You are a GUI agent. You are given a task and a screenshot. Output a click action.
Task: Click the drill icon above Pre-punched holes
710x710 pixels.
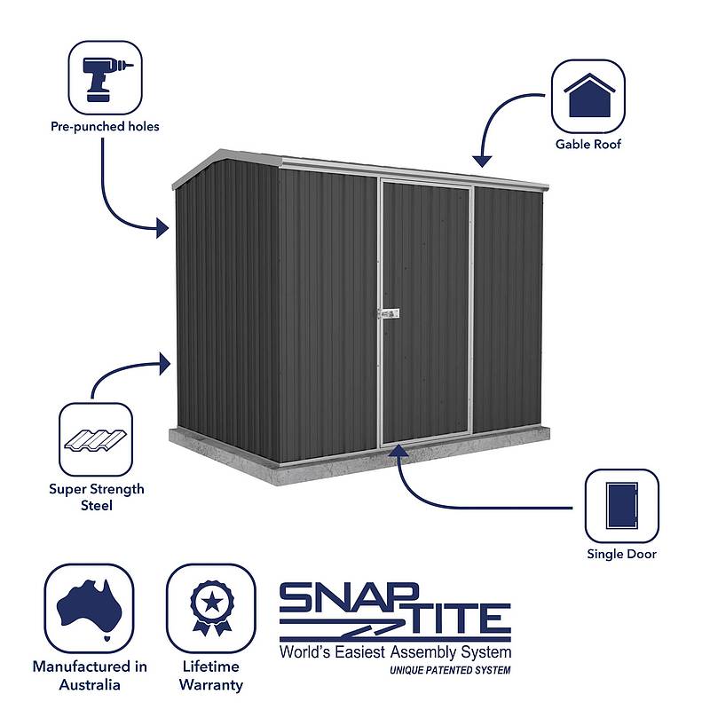[105, 77]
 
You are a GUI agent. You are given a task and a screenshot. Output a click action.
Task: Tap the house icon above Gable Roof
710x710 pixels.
[588, 96]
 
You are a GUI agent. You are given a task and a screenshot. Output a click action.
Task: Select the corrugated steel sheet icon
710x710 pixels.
[95, 440]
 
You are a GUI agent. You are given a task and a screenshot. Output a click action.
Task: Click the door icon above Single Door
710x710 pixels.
[621, 506]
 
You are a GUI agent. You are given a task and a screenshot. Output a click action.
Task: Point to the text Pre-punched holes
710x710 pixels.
[105, 127]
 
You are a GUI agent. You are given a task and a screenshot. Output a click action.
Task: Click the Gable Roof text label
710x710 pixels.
[588, 144]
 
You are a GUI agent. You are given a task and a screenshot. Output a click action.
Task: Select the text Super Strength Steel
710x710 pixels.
[97, 497]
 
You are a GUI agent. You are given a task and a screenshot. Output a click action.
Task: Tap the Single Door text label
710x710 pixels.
[621, 555]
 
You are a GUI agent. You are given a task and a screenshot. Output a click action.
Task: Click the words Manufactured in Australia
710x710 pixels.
[90, 675]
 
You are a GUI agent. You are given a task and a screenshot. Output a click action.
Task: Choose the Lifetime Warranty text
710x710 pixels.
[210, 675]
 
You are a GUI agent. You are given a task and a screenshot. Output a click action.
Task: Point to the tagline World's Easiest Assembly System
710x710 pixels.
[395, 653]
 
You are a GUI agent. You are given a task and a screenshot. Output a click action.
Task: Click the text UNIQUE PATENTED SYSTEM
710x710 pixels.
[450, 671]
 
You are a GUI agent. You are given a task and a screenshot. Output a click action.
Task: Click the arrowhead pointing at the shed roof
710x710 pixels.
[481, 161]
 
